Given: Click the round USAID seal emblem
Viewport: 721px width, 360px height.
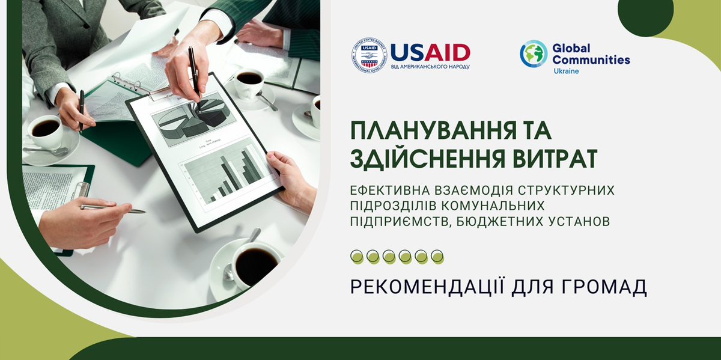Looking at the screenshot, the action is tap(369, 55).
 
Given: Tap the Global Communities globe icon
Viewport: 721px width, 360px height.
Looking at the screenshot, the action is tap(534, 53).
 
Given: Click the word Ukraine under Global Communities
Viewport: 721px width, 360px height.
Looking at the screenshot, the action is tap(566, 71).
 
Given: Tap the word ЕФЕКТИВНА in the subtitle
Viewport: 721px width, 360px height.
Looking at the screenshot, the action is tap(390, 191).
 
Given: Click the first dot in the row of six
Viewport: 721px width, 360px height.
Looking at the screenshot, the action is tap(357, 257).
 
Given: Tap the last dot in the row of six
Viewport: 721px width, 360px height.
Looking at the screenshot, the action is tap(437, 257).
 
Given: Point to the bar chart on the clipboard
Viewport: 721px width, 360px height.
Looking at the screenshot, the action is tap(228, 174).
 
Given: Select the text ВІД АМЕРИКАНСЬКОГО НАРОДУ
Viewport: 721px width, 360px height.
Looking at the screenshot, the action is tap(430, 67).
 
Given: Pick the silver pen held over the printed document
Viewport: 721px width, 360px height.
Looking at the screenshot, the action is tap(113, 209).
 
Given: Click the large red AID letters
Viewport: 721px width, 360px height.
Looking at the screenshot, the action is tap(447, 52).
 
